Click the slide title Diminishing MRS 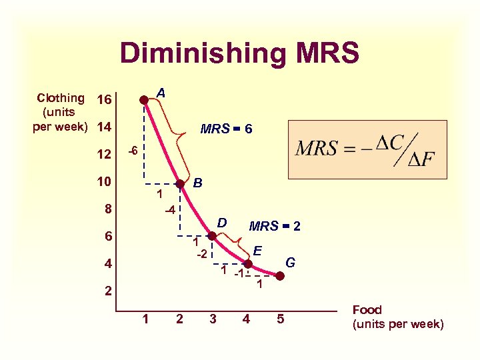[x=239, y=53]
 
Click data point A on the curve [x=144, y=100]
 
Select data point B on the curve [x=179, y=183]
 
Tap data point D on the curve [x=211, y=236]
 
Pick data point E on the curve [x=247, y=263]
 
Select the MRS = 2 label [x=274, y=227]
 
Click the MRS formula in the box [x=367, y=149]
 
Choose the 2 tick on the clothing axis [x=107, y=292]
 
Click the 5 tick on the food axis [x=281, y=319]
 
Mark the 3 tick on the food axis [x=213, y=319]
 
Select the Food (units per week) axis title [x=397, y=317]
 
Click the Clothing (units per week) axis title [x=61, y=112]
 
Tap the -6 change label [x=132, y=152]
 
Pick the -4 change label [x=170, y=211]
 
